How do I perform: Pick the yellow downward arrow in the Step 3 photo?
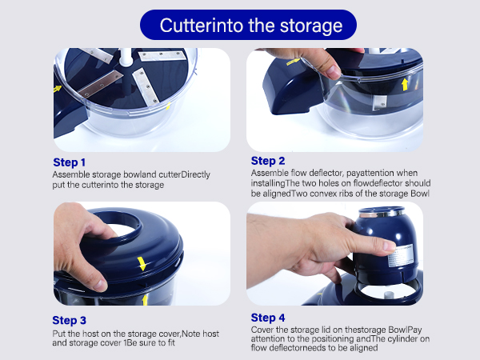pyautogui.click(x=142, y=262)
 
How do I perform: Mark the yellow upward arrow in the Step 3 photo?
pyautogui.click(x=145, y=300)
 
